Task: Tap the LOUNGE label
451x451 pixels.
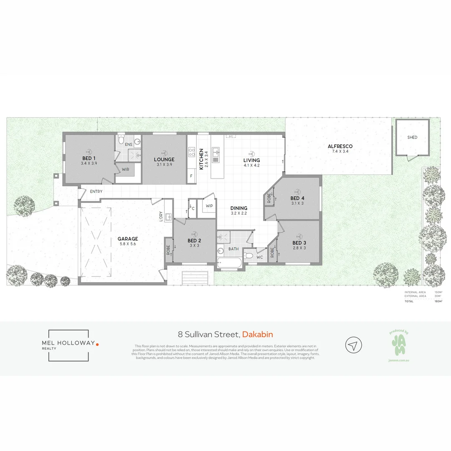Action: pyautogui.click(x=164, y=159)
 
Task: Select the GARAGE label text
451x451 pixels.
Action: pyautogui.click(x=127, y=239)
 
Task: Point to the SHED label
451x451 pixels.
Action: pyautogui.click(x=412, y=137)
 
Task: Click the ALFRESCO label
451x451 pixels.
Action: pyautogui.click(x=340, y=146)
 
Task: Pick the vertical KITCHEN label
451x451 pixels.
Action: pyautogui.click(x=201, y=159)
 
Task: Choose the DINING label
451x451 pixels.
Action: pyautogui.click(x=239, y=208)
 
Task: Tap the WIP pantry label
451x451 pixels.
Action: pyautogui.click(x=209, y=206)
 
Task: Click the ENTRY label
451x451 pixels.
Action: pyautogui.click(x=96, y=192)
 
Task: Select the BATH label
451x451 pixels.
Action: pyautogui.click(x=233, y=249)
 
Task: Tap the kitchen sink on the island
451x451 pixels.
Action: pyautogui.click(x=216, y=154)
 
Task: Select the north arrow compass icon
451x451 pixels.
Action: pyautogui.click(x=353, y=345)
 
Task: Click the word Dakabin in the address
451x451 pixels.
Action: pyautogui.click(x=258, y=334)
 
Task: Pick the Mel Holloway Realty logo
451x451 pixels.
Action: pyautogui.click(x=68, y=345)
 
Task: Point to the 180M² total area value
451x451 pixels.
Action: pyautogui.click(x=438, y=301)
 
